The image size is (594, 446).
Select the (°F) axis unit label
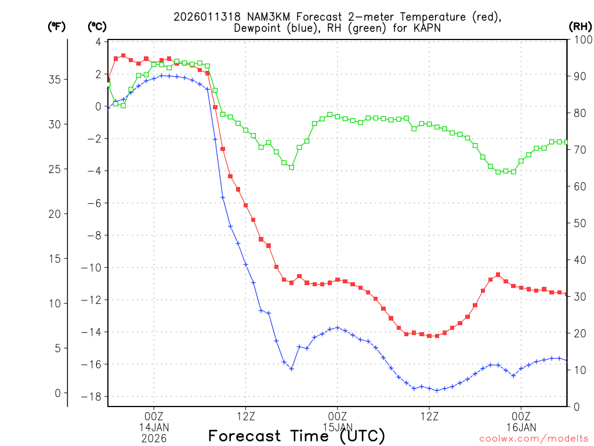point(56,26)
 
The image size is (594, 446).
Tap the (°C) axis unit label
point(97,26)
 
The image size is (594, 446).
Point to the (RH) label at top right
point(580,26)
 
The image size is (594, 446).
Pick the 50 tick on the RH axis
point(577,223)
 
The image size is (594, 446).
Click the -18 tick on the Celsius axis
point(93,397)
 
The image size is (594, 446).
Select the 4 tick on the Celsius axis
point(98,42)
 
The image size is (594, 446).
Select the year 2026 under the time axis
point(154,438)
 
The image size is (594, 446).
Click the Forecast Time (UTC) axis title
point(296,436)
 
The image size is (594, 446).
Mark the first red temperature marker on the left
point(108,80)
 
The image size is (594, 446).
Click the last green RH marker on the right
point(567,142)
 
